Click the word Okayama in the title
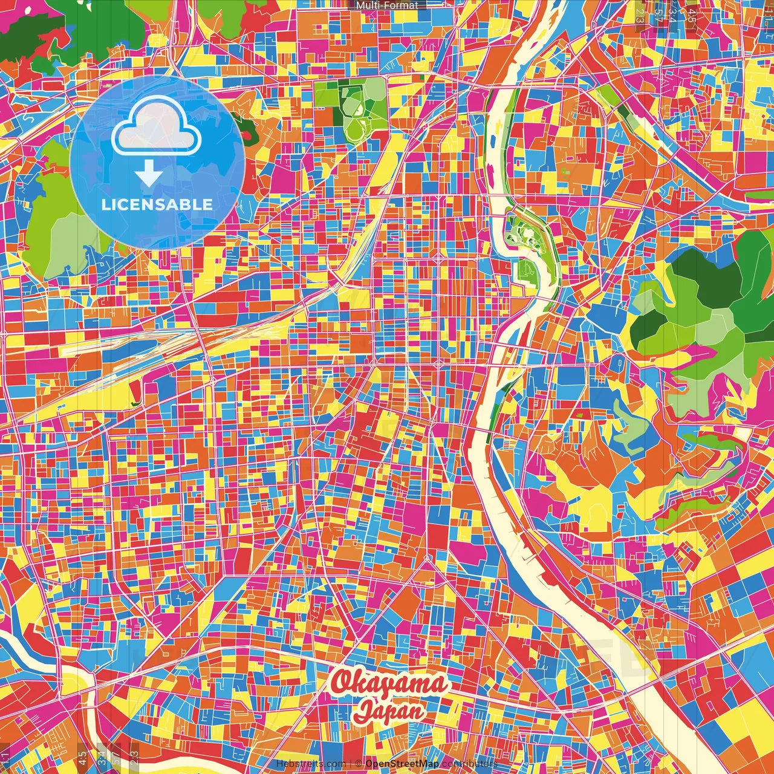point(389,683)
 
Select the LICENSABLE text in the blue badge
point(157,204)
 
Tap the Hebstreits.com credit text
point(310,764)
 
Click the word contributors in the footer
point(469,764)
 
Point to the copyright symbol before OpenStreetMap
point(359,764)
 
